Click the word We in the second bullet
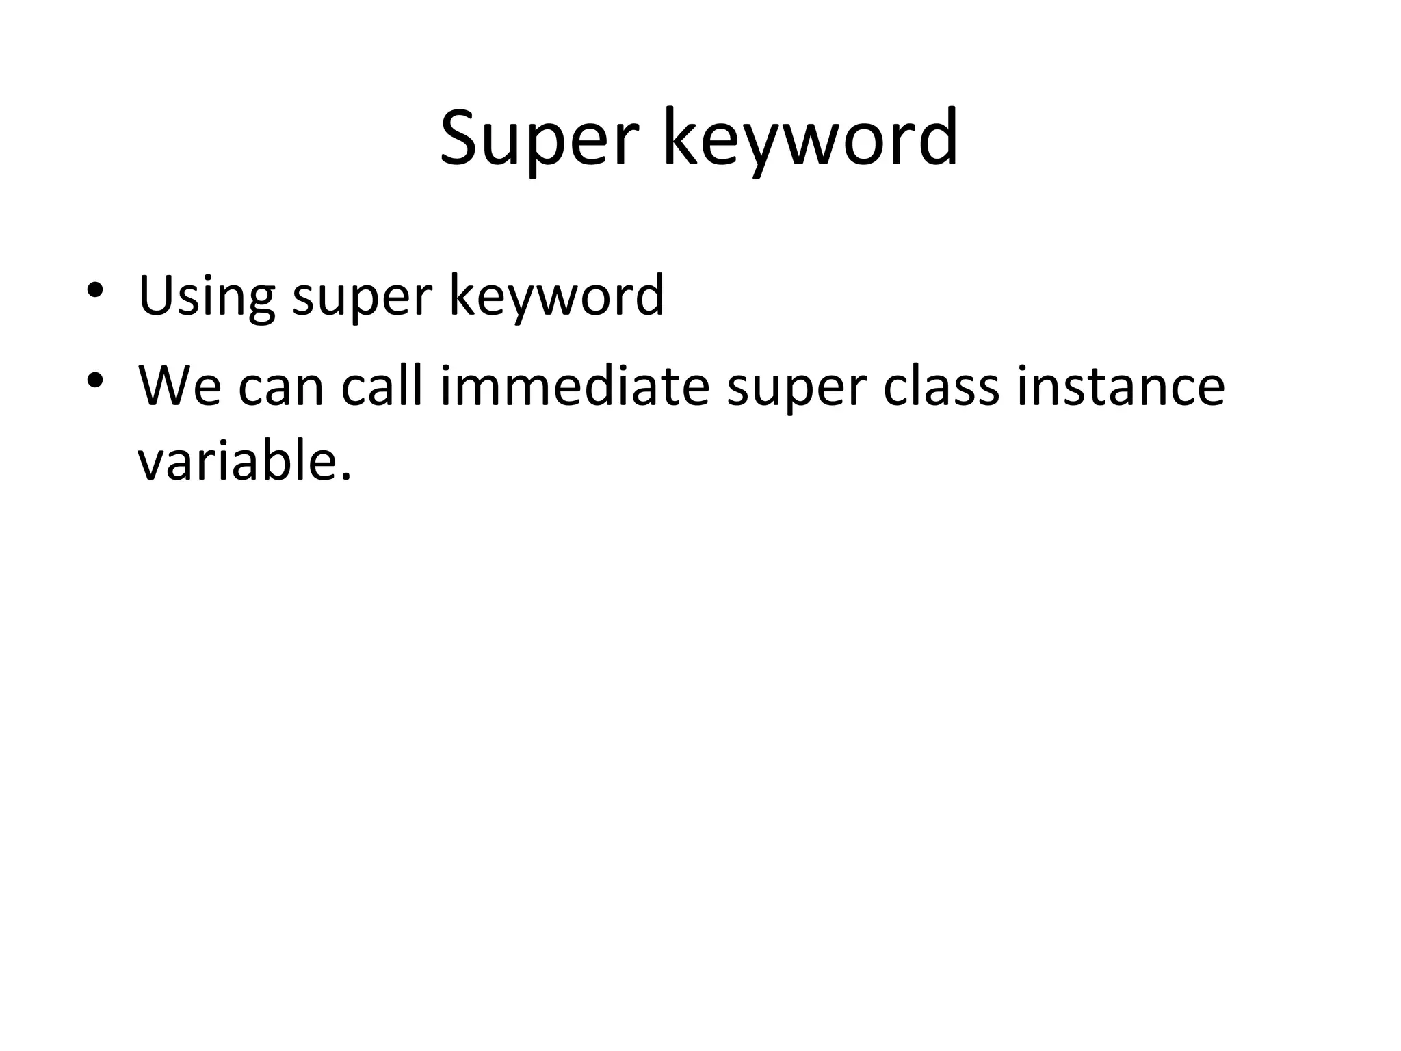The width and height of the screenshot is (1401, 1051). tap(180, 387)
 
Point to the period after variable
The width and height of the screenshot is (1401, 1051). tap(345, 477)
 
